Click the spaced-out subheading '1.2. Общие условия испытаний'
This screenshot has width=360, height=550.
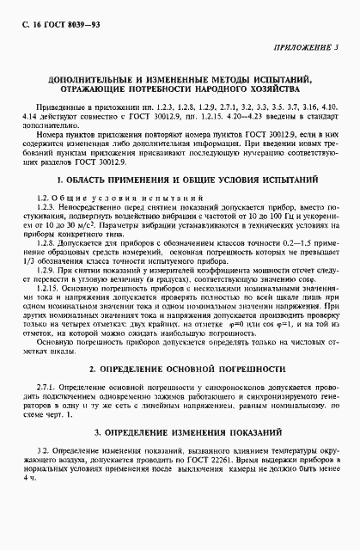coord(95,174)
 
